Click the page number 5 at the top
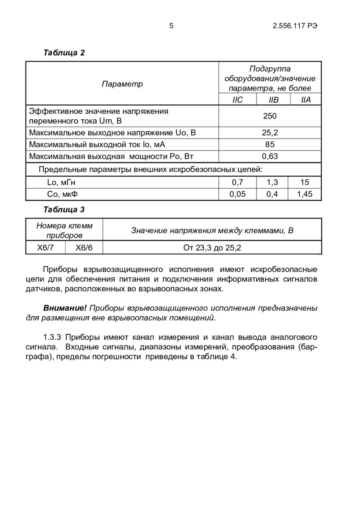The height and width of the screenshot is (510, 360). click(x=171, y=26)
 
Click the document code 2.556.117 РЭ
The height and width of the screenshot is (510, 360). click(x=295, y=26)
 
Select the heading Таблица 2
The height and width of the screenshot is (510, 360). click(x=64, y=53)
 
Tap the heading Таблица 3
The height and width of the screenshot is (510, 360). click(x=64, y=209)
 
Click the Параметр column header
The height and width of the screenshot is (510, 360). click(x=122, y=84)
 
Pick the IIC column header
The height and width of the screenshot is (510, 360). click(x=238, y=100)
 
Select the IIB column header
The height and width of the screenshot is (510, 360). click(x=274, y=100)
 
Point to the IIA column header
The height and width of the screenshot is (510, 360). click(x=306, y=100)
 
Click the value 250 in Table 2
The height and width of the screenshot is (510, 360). click(x=270, y=116)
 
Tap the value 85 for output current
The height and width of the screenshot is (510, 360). click(x=270, y=145)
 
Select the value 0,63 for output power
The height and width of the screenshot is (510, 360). click(x=270, y=156)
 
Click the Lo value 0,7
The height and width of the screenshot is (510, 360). click(x=238, y=183)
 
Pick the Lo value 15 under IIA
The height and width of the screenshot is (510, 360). click(x=305, y=183)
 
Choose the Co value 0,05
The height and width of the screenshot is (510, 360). click(x=238, y=195)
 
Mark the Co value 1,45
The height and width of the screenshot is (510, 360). click(x=305, y=195)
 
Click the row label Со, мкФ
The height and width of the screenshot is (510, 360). click(x=62, y=195)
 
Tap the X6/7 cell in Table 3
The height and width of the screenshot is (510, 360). click(x=45, y=247)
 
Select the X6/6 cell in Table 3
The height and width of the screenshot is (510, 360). click(x=84, y=247)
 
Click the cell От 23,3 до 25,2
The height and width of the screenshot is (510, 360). click(x=212, y=247)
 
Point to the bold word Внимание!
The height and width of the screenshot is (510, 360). click(x=65, y=308)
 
